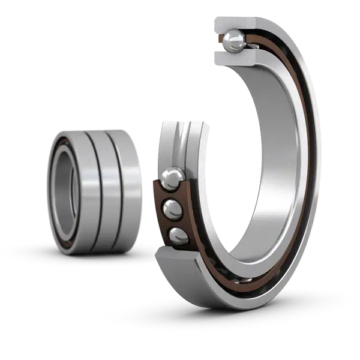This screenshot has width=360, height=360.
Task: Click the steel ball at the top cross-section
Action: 232,41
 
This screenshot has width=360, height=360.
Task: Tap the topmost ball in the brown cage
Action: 173,177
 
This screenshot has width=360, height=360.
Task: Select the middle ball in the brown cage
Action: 173,209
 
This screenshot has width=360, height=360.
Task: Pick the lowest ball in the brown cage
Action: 177,235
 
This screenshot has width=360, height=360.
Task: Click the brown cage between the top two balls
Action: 166,193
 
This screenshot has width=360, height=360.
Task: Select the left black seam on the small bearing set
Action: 90,189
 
